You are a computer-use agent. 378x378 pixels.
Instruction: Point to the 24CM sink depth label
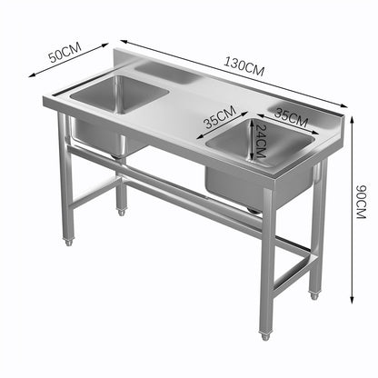tap(260, 142)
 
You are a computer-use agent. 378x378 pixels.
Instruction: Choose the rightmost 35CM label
tap(292, 115)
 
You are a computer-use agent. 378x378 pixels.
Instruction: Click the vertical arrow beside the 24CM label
tap(252, 142)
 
